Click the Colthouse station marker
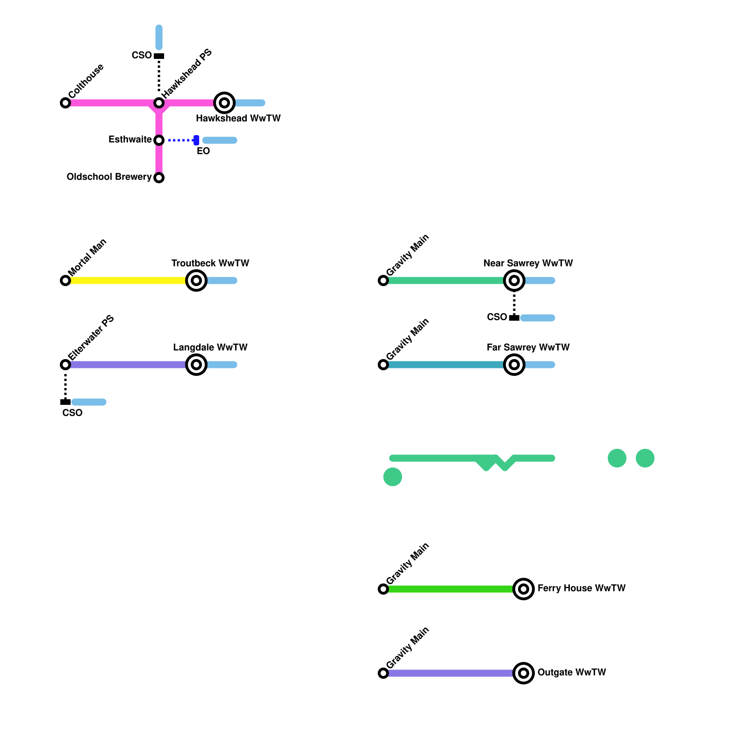click(65, 103)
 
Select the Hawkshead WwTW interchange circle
click(224, 103)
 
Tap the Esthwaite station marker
click(159, 140)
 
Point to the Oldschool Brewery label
click(109, 177)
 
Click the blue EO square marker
click(196, 140)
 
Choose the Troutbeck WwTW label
click(210, 263)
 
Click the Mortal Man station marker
click(65, 280)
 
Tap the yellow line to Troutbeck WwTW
click(126, 280)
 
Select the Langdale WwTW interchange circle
click(196, 365)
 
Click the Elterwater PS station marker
click(65, 365)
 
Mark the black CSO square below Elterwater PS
click(65, 402)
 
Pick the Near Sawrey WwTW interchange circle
click(514, 280)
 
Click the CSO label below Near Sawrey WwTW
click(496, 317)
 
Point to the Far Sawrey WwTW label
click(528, 347)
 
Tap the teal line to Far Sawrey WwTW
click(444, 365)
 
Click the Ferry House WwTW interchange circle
click(524, 589)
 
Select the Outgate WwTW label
click(571, 672)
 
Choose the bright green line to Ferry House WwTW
click(449, 589)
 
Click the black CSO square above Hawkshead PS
click(159, 56)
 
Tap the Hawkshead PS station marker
click(159, 103)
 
